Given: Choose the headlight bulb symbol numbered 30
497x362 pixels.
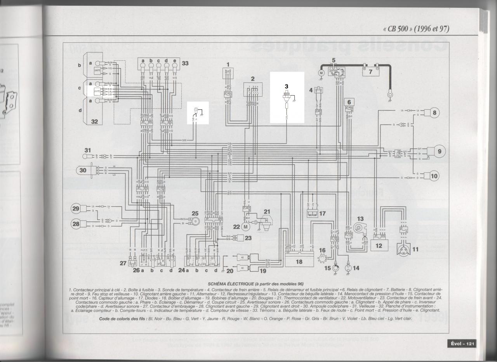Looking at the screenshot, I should (x=83, y=170).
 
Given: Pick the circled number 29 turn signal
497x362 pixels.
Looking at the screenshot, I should (x=76, y=208).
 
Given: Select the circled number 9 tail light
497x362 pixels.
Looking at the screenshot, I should (x=439, y=152).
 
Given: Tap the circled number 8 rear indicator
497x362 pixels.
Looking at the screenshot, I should (x=434, y=113).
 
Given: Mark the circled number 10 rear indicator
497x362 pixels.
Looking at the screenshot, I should (x=434, y=176).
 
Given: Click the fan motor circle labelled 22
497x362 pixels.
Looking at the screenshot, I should (x=245, y=226).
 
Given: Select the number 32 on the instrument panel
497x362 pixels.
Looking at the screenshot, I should (x=94, y=121).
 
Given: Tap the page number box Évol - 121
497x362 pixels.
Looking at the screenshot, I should (x=462, y=343).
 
